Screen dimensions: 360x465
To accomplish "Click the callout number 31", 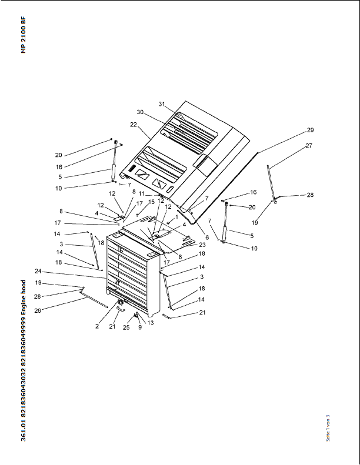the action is [161, 104].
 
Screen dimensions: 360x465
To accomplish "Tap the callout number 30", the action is [140, 112].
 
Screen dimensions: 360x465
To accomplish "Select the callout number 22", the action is [134, 125].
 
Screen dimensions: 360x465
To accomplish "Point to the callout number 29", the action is [310, 130].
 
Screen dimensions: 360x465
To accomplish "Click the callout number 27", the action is [309, 146].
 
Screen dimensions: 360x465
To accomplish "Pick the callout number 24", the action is [38, 271].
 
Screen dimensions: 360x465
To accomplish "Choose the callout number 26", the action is [38, 310].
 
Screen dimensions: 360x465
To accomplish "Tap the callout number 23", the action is [202, 245].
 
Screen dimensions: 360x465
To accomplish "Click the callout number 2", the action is [97, 326].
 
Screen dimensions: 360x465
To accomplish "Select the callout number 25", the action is [126, 327].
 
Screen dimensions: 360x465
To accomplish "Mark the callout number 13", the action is [151, 323].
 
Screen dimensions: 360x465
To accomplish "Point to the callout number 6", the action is [207, 237].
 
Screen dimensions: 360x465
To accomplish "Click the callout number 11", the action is [142, 193].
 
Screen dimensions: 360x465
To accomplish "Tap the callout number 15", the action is [151, 202].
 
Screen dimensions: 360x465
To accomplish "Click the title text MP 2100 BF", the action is [24, 35].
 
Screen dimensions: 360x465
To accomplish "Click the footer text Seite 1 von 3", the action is [328, 428].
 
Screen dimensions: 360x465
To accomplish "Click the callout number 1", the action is [177, 217].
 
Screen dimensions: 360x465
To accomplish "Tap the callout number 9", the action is [140, 327].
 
